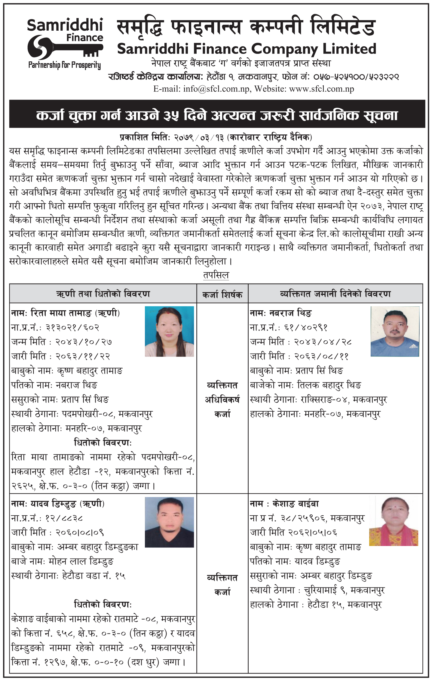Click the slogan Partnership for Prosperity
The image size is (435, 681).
[64, 65]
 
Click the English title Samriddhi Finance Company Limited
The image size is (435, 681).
[247, 49]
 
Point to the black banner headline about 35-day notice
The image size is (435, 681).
[217, 115]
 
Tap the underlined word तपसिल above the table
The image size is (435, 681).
[216, 275]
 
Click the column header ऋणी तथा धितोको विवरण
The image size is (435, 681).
[103, 294]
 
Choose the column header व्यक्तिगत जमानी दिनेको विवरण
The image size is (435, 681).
[335, 294]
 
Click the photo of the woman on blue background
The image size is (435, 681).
[169, 331]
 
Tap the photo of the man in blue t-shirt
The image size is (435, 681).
[395, 331]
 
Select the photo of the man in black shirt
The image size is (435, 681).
[169, 522]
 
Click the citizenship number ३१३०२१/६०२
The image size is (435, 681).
[72, 327]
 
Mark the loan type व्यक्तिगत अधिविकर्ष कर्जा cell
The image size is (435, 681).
[222, 400]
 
